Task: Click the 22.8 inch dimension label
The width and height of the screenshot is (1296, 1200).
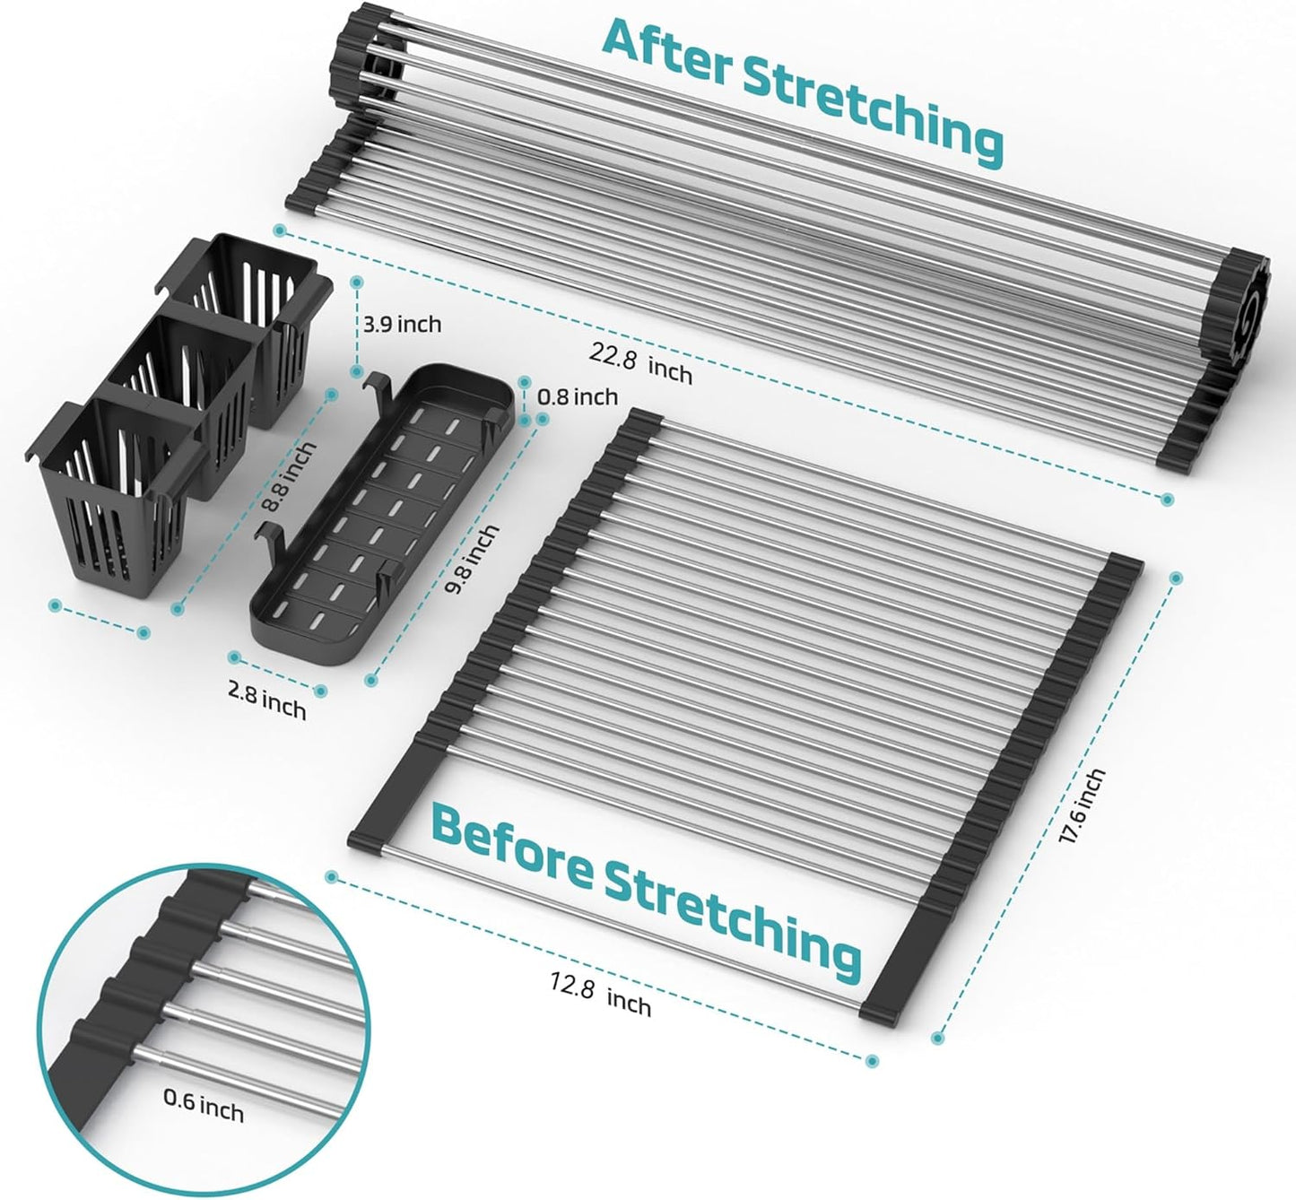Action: [x=640, y=363]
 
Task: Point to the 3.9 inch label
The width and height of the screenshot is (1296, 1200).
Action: [x=402, y=324]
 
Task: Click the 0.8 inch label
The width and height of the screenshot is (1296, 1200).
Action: [x=578, y=396]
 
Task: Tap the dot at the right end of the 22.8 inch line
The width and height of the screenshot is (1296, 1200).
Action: [x=1167, y=499]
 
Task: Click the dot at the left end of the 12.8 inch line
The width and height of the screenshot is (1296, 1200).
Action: [x=331, y=877]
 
